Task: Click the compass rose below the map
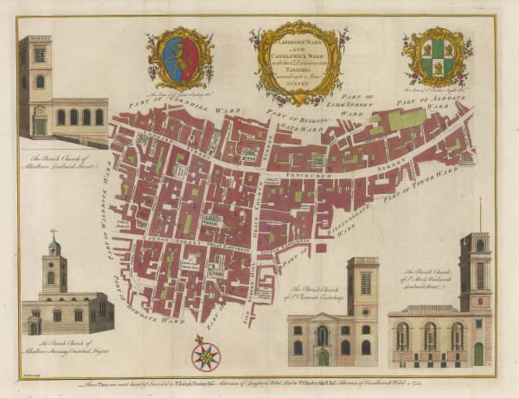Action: point(206,355)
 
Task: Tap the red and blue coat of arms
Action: point(179,61)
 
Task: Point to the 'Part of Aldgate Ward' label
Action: point(430,103)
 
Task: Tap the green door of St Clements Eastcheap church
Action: point(323,356)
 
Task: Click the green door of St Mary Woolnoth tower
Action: point(478,353)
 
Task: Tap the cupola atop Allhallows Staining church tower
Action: point(54,246)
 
